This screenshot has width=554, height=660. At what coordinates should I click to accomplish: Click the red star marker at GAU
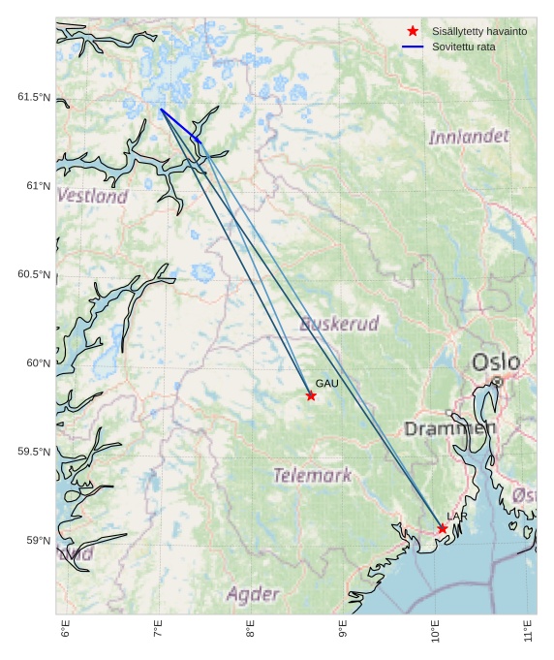pos(311,395)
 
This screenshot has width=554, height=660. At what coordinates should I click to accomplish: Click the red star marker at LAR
pos(443,528)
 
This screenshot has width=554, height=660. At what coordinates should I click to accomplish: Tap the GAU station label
pos(326,384)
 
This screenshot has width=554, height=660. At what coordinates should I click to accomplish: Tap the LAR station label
pos(457,517)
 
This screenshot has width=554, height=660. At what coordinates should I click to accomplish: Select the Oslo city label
pos(496,362)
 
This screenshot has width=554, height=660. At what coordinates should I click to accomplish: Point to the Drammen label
pos(450,428)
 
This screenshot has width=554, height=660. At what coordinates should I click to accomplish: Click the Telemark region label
pos(312,475)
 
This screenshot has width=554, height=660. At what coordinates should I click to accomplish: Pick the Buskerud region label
pos(339,323)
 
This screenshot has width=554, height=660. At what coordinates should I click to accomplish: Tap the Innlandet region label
pos(469,137)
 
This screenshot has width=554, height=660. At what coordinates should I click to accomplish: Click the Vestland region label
pos(92,196)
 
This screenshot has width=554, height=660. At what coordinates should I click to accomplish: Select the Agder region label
pos(253,594)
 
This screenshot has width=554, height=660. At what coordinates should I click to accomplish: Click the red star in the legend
pos(414,32)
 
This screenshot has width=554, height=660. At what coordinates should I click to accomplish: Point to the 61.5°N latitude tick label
pos(34,97)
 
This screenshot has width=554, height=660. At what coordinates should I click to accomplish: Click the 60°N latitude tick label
pos(39,363)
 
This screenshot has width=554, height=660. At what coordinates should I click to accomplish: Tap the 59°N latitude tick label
pos(39,541)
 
